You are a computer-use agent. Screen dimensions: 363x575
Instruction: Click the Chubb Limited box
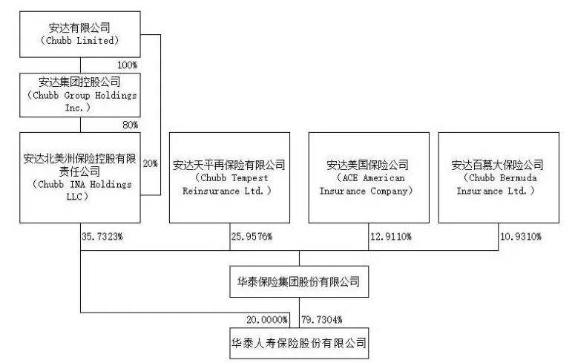pos(79,35)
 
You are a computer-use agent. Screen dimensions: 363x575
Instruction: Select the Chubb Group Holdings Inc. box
pos(79,94)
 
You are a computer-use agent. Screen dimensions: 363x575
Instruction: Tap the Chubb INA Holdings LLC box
pos(79,177)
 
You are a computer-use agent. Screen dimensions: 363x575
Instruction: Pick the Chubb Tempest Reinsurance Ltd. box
pos(229,177)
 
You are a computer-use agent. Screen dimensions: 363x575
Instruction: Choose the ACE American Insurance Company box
pos(368,177)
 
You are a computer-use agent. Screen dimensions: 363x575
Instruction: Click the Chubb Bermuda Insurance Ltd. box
pos(498,177)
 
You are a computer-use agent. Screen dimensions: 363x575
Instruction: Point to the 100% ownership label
pos(128,65)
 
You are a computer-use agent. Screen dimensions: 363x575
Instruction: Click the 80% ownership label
pos(130,124)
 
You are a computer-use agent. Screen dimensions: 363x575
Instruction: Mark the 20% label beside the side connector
pos(149,163)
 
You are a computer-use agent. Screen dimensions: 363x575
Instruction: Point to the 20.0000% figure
pos(267,319)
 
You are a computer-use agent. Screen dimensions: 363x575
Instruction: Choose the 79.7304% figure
pos(323,319)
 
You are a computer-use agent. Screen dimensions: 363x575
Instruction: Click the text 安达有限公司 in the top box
pos(79,28)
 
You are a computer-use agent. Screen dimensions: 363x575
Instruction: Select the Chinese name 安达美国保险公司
pos(368,165)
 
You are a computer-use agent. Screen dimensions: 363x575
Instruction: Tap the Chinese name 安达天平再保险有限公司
pos(229,165)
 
